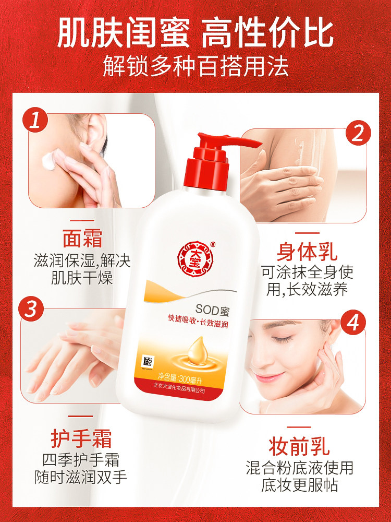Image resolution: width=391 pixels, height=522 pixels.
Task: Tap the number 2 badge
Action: pos(357,134)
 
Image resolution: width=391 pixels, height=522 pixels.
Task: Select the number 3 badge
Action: pos(31,308)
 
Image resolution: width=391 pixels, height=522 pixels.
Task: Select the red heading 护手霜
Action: pos(81,438)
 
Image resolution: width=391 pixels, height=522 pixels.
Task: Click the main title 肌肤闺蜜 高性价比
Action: pos(195,32)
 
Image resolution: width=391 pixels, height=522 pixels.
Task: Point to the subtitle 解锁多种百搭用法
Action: pos(195,67)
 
